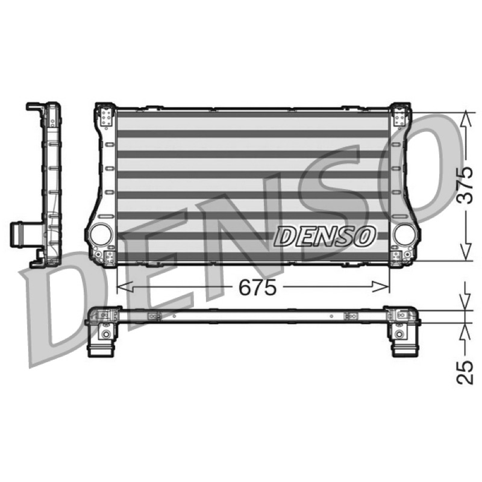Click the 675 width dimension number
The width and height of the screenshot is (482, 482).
point(258,288)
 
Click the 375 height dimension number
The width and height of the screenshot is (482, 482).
point(464,186)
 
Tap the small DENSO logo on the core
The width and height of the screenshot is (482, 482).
point(325,236)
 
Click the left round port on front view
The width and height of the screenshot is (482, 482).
point(101,234)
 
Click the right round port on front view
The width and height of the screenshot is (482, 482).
point(405,234)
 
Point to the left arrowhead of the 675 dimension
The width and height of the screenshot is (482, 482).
point(125,287)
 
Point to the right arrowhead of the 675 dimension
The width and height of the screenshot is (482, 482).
point(381,287)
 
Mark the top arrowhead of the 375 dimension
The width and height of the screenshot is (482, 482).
point(465,120)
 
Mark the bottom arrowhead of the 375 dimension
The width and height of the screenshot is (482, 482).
point(465,252)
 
